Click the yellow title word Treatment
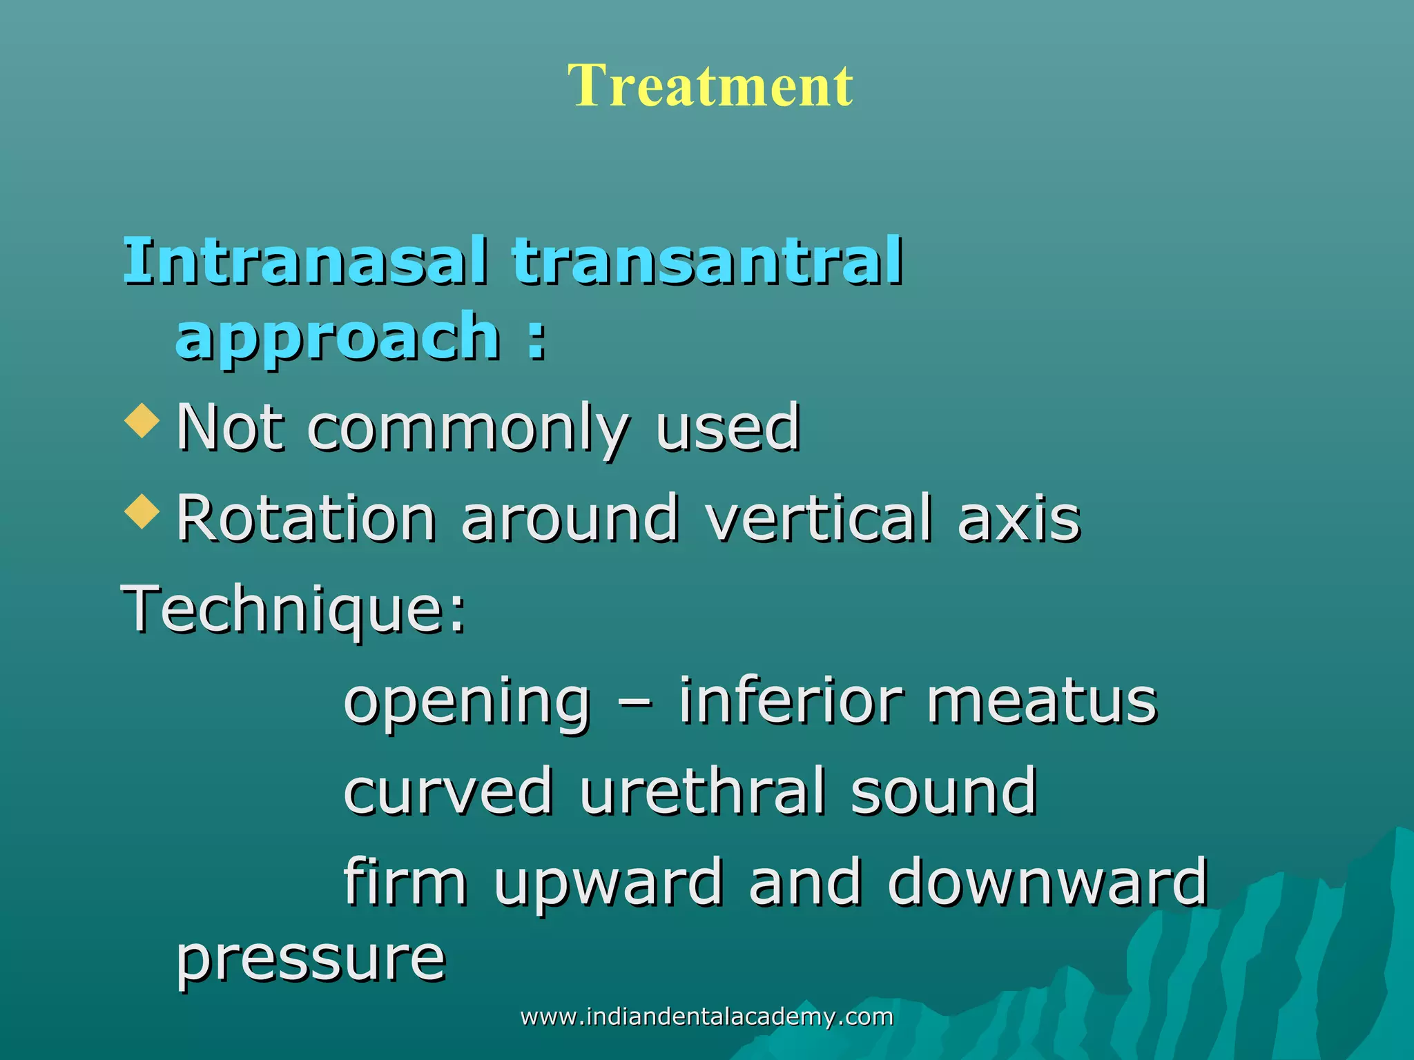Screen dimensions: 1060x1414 pos(710,86)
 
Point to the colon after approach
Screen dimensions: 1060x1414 pos(536,341)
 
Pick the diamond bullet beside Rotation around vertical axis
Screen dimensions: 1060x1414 pos(142,511)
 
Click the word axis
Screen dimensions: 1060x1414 pos(1019,519)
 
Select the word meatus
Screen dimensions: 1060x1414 pos(1042,701)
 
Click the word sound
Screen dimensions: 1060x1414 pos(943,792)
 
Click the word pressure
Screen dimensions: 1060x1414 pos(311,959)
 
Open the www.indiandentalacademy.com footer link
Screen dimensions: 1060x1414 pos(706,1017)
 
